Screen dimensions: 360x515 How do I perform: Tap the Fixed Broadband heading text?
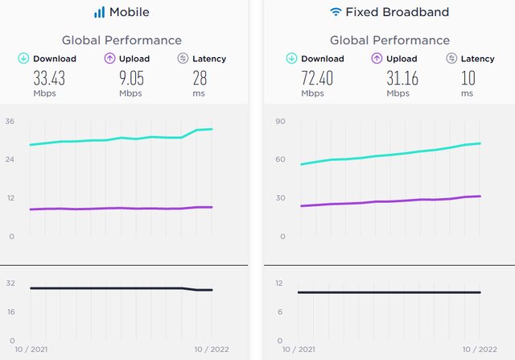(400, 12)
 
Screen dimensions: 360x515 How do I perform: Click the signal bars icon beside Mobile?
(99, 12)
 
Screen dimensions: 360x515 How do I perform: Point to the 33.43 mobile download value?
(49, 78)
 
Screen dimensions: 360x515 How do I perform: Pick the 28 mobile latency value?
(200, 78)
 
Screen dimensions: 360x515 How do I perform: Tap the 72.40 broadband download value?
(317, 78)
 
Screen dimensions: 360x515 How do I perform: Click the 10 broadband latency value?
(468, 78)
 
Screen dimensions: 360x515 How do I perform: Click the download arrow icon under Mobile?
(24, 58)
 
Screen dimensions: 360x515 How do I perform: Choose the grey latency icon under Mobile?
(183, 58)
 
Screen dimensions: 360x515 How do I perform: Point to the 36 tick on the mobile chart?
(10, 122)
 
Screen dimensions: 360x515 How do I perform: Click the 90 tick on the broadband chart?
(281, 122)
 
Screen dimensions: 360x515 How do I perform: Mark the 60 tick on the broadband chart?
(281, 159)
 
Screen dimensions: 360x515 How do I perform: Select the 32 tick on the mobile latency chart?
(10, 283)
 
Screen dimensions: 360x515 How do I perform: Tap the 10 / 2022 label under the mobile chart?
(212, 350)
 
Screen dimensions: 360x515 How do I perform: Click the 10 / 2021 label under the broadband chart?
(298, 350)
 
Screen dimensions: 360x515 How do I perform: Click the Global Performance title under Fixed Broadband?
(389, 40)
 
